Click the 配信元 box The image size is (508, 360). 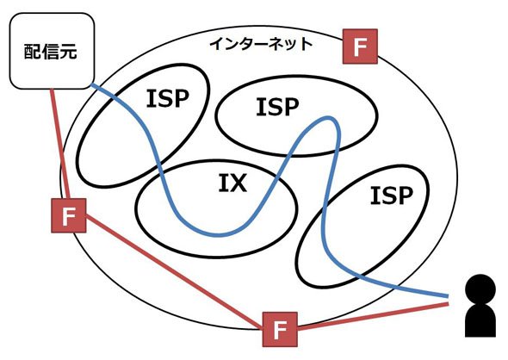coord(52,51)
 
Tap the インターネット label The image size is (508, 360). coord(261,44)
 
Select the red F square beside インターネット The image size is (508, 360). coord(360,47)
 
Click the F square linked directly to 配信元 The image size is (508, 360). coord(69,215)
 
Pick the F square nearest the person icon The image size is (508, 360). coord(280,329)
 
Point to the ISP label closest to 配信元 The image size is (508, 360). coord(168,98)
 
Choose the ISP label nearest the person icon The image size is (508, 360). coord(392,196)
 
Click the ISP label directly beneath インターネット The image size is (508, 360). coord(277,107)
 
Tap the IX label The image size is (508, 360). coord(232,183)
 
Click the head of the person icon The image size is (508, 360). coord(480,289)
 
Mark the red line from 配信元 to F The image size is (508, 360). coord(59,144)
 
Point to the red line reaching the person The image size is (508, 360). coord(373,316)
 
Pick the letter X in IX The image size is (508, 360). coord(238,183)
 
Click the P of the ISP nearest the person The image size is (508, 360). coord(406,196)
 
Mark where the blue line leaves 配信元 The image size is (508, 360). coord(91,85)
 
